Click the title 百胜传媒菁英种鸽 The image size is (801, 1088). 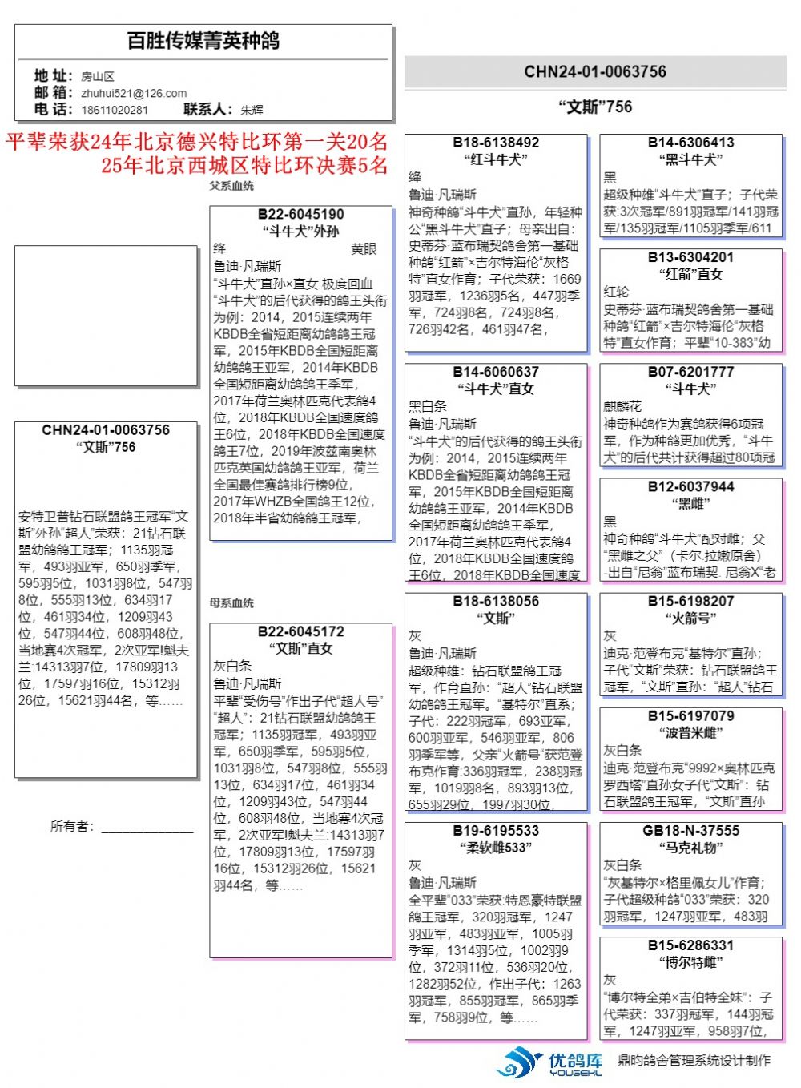(203, 41)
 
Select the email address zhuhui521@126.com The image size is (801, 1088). (134, 93)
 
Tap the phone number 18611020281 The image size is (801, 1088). (115, 110)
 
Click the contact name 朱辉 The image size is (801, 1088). (252, 110)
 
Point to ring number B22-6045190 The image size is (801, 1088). (300, 215)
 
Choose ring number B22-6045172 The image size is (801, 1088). (300, 631)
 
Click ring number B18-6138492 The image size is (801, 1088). (496, 143)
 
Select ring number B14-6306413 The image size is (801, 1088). (690, 143)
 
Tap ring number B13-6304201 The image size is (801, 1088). (690, 257)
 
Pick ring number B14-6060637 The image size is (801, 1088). (496, 372)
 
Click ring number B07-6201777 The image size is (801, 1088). (690, 372)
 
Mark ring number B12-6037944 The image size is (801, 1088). (690, 486)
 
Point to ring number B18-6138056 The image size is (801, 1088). (496, 601)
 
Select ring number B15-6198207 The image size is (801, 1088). (690, 601)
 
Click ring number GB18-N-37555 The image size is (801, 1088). (690, 830)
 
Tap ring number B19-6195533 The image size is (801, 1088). (496, 830)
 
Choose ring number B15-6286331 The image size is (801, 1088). (690, 945)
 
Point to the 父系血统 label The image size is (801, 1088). (231, 186)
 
